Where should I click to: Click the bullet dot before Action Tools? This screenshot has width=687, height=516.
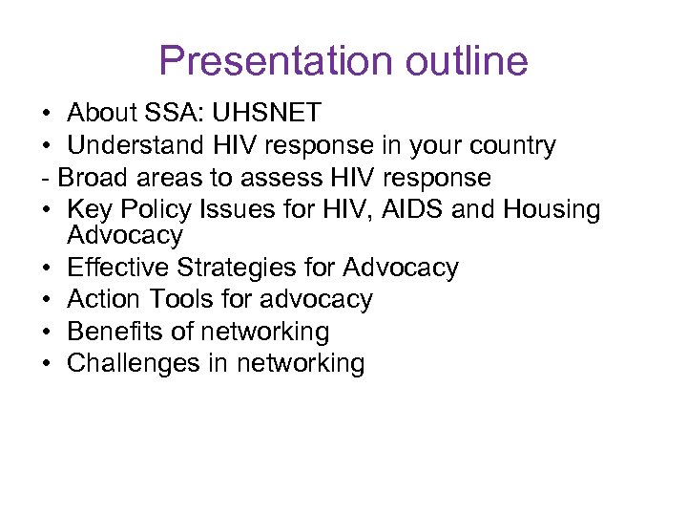pos(47,300)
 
